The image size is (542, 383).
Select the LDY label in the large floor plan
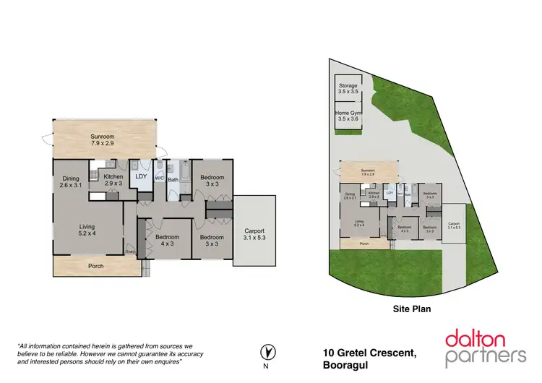(142, 176)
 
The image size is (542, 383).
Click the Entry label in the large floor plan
(131, 251)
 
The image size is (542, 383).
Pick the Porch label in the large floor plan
(95, 266)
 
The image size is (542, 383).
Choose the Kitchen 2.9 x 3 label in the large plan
(113, 180)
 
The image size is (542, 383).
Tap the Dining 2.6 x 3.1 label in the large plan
(70, 182)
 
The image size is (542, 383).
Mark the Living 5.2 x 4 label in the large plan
(86, 229)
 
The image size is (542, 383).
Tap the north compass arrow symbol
(269, 352)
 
